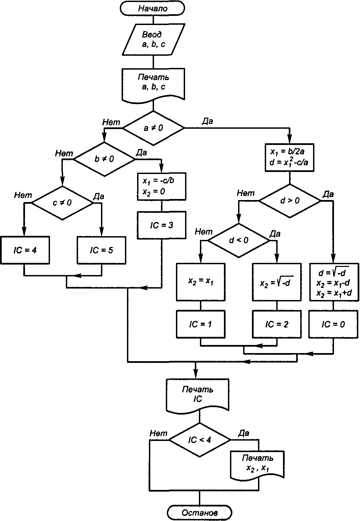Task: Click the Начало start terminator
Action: click(x=153, y=8)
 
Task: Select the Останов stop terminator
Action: click(x=200, y=513)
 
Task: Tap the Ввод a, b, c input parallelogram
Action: click(x=153, y=39)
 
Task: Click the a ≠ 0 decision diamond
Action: click(x=153, y=128)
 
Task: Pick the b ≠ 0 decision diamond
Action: click(x=104, y=159)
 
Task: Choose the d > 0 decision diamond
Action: click(x=290, y=201)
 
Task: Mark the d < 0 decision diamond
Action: click(x=238, y=241)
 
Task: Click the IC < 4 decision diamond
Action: click(x=200, y=440)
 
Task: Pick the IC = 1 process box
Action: click(x=201, y=324)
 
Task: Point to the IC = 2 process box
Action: click(x=277, y=324)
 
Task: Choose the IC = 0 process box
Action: click(x=333, y=324)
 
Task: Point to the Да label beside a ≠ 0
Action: click(x=207, y=121)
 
